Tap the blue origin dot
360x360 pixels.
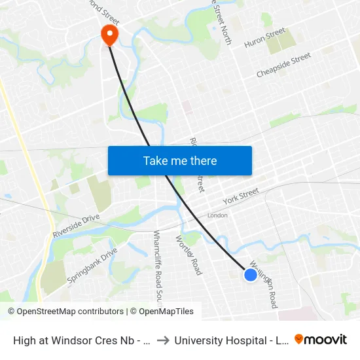pyautogui.click(x=251, y=275)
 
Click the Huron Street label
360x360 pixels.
pyautogui.click(x=265, y=38)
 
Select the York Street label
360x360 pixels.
pyautogui.click(x=241, y=195)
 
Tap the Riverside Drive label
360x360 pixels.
pyautogui.click(x=76, y=225)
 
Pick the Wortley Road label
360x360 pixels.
pyautogui.click(x=188, y=255)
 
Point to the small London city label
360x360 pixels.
pyautogui.click(x=217, y=215)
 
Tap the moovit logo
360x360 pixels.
pyautogui.click(x=321, y=340)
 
